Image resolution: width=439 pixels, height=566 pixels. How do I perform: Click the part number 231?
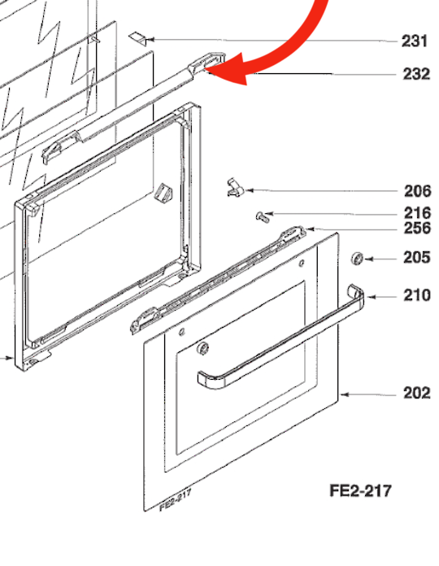click(415, 41)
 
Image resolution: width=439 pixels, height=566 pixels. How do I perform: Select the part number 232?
click(415, 74)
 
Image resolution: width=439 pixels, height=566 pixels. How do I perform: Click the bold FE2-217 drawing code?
click(360, 491)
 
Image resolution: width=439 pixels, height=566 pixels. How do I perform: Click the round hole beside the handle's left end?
click(202, 349)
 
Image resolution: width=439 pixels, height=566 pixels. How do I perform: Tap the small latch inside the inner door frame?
click(163, 194)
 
